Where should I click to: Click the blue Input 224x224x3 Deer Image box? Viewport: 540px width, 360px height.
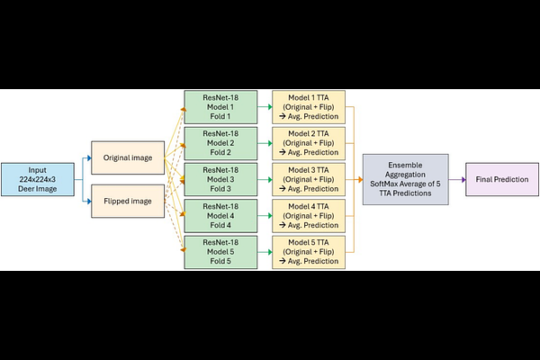(38, 179)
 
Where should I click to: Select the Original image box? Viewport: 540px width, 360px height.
(128, 157)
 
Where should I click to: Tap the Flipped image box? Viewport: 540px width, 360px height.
(128, 202)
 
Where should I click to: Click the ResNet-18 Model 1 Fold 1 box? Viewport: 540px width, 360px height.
(220, 107)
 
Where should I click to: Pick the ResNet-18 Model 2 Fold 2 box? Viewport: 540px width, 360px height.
(220, 143)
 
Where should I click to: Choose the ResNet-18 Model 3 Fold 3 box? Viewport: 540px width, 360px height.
(220, 179)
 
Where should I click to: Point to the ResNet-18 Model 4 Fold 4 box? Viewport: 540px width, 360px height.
(220, 216)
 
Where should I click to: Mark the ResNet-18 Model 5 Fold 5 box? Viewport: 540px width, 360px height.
(220, 252)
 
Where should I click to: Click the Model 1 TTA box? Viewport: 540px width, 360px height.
(309, 107)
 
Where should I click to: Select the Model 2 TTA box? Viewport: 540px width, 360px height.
(309, 143)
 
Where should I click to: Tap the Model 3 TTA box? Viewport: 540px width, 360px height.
(309, 179)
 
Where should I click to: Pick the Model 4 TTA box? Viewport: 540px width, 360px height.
(309, 216)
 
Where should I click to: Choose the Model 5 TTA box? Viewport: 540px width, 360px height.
(309, 252)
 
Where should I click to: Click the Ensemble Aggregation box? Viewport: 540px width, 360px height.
(406, 179)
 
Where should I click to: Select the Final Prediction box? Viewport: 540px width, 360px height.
(502, 179)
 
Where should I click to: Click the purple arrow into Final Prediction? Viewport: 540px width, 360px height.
(457, 179)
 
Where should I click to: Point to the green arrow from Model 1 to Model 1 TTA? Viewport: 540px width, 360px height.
(265, 107)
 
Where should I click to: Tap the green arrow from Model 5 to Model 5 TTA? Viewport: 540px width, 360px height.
(265, 252)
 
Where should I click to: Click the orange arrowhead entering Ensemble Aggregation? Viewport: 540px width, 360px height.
(360, 179)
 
